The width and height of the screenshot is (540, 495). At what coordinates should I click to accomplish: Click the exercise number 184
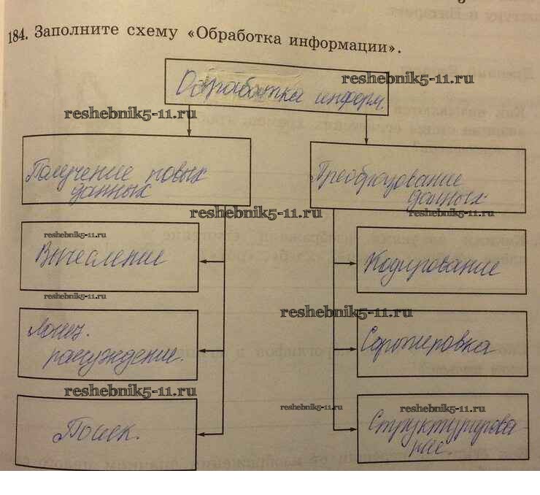click(17, 36)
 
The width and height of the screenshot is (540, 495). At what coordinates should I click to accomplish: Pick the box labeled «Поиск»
click(106, 431)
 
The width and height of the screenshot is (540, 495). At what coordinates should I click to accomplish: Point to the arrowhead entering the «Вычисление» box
click(202, 261)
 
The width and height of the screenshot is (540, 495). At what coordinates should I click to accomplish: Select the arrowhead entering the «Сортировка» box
click(352, 344)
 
